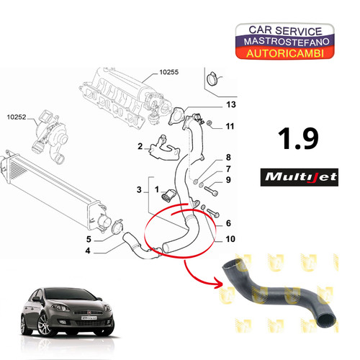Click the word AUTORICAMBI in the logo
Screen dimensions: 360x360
285,53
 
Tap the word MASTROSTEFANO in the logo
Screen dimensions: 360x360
287,42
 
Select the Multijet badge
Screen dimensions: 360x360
300,177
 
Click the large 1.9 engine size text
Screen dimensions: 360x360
298,138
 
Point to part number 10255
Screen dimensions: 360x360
169,72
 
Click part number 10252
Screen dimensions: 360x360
17,117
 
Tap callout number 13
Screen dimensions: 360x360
231,104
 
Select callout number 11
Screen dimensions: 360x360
230,126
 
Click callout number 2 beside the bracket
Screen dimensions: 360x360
140,146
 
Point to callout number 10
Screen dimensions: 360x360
230,239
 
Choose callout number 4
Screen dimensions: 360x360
88,251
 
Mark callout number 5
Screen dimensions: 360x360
89,239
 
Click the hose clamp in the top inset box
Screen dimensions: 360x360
213,78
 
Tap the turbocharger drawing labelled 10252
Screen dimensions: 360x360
50,138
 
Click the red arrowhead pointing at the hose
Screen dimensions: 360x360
218,283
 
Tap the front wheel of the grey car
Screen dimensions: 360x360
44,325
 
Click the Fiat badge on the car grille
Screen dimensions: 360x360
89,312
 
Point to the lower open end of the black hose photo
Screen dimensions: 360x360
326,320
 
